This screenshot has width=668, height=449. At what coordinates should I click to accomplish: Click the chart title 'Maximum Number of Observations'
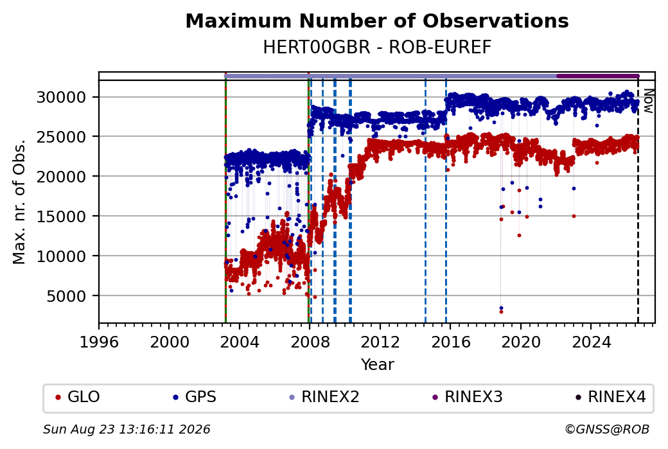click(x=377, y=21)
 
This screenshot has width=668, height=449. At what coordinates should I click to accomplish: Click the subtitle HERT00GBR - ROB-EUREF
click(x=377, y=48)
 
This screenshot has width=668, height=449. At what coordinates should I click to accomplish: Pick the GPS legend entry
click(x=194, y=397)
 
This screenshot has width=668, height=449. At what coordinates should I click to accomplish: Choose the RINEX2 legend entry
click(x=324, y=397)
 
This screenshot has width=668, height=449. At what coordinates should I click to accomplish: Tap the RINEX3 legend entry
click(x=468, y=397)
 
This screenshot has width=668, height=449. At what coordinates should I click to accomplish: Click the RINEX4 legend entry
click(x=610, y=397)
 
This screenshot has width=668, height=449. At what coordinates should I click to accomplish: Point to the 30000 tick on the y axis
click(x=62, y=97)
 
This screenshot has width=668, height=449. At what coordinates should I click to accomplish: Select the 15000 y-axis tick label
click(x=62, y=216)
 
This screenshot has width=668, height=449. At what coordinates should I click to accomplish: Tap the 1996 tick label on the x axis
click(x=99, y=342)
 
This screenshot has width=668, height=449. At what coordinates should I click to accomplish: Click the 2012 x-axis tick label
click(x=380, y=342)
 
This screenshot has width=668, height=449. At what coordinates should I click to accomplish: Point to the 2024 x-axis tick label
click(x=591, y=342)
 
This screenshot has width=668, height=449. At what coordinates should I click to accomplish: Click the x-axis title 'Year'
click(x=377, y=365)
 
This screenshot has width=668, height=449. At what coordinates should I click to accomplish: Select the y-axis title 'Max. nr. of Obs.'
click(x=19, y=202)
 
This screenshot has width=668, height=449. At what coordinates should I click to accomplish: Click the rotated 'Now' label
click(x=648, y=101)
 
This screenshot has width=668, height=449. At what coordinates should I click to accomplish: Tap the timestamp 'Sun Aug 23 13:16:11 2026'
click(x=127, y=429)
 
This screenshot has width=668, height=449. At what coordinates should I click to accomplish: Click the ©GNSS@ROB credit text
click(x=607, y=429)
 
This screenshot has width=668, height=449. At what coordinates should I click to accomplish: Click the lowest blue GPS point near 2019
click(x=501, y=308)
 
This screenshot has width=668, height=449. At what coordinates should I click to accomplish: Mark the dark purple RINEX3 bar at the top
click(x=598, y=76)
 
